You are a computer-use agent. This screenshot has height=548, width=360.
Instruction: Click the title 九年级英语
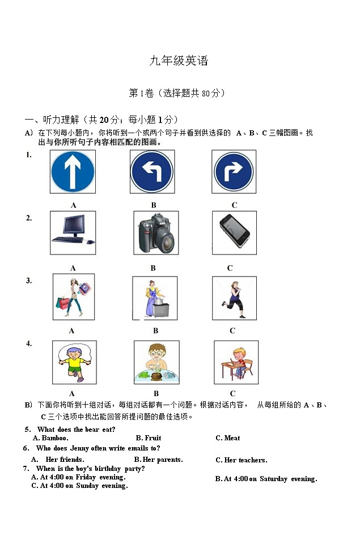coord(179,61)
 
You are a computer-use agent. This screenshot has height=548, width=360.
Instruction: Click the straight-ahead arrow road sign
coord(73,172)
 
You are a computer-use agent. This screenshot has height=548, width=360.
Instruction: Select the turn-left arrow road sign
coord(152,172)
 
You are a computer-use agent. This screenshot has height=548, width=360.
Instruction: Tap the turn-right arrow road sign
coord(234,172)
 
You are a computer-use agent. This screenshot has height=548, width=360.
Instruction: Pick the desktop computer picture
coord(73,233)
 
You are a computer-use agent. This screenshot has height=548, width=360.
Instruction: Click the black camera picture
coord(155,233)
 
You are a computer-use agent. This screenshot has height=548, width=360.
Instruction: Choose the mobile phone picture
coord(234,232)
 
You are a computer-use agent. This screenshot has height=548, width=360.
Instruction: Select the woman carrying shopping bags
coord(73,297)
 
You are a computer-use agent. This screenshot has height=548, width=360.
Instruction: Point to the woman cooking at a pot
coord(155,298)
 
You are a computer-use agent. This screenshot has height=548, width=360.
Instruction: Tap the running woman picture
coord(234,298)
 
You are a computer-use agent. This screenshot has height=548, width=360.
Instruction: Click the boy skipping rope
coord(74,362)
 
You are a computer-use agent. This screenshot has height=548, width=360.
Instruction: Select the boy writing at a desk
coord(236,363)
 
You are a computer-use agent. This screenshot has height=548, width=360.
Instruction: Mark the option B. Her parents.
coord(158,460)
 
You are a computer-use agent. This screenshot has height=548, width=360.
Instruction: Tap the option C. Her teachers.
coord(241,460)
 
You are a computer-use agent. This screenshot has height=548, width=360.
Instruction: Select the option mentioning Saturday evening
coord(266,479)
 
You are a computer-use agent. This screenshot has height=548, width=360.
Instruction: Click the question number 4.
coord(29,343)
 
